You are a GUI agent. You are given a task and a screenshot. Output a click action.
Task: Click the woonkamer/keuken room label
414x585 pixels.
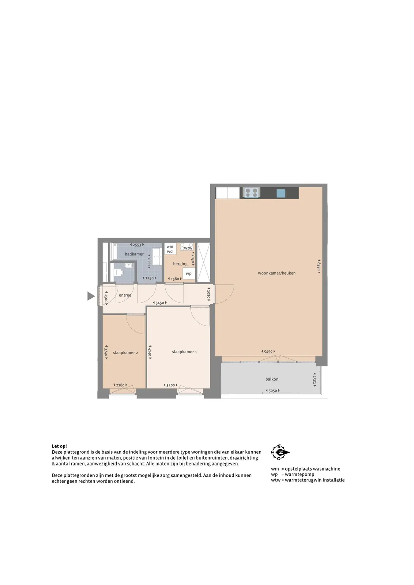pyautogui.click(x=276, y=273)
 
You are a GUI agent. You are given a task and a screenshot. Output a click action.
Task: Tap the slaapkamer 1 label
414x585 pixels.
pyautogui.click(x=184, y=352)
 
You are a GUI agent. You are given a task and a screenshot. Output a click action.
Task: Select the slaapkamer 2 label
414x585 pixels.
pyautogui.click(x=125, y=352)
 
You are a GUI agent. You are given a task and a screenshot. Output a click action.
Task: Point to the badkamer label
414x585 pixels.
pyautogui.click(x=134, y=254)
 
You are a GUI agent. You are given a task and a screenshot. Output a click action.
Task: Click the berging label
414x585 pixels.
pyautogui.click(x=180, y=264)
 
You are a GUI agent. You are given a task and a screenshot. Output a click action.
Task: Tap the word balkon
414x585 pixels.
pyautogui.click(x=272, y=379)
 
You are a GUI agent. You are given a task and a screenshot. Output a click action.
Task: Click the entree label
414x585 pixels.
pyautogui.click(x=125, y=295)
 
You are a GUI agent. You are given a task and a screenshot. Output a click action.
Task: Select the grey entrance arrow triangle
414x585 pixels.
pyautogui.click(x=91, y=296)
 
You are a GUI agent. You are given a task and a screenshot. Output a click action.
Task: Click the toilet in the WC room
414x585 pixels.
pyautogui.click(x=119, y=272)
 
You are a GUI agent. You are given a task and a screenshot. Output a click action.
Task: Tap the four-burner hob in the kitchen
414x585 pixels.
pyautogui.click(x=251, y=192)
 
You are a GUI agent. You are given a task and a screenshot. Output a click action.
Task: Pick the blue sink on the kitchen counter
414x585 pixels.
pyautogui.click(x=281, y=193)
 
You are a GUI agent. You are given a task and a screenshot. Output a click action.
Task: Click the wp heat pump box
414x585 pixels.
pyautogui.click(x=189, y=273)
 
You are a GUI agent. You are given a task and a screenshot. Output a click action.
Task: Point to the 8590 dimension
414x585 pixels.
pyautogui.click(x=319, y=267)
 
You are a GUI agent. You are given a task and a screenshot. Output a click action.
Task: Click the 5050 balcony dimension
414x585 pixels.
pyautogui.click(x=272, y=391)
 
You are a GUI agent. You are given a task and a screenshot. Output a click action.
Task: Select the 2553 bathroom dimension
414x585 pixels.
pyautogui.click(x=137, y=245)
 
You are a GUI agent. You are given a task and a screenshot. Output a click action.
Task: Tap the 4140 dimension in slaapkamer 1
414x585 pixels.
pyautogui.click(x=150, y=352)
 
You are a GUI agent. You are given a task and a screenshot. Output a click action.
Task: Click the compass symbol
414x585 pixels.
pyautogui.click(x=280, y=452)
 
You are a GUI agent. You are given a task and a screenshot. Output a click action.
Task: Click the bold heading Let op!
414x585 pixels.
pyautogui.click(x=59, y=446)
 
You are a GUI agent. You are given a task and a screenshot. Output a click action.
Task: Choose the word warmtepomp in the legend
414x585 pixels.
pyautogui.click(x=300, y=474)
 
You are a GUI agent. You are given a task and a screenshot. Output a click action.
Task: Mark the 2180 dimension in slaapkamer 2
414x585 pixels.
pyautogui.click(x=120, y=385)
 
